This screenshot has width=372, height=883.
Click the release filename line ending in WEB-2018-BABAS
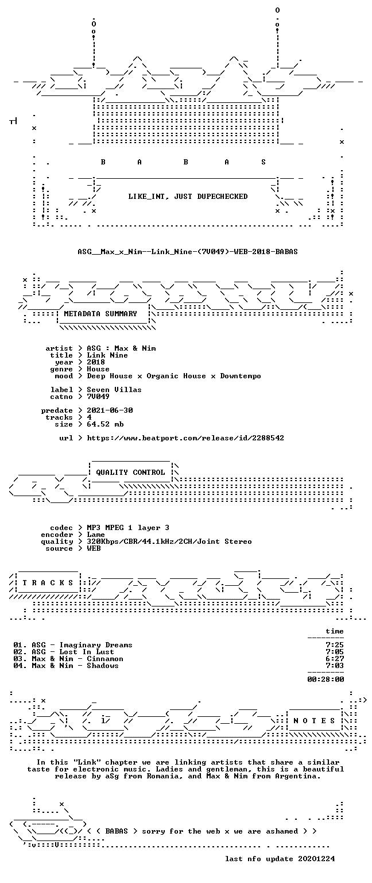[x=187, y=251]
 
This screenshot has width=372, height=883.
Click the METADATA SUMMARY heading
[x=100, y=314]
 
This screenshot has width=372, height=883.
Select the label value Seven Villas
[x=114, y=389]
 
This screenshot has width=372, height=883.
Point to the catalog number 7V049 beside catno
[x=98, y=397]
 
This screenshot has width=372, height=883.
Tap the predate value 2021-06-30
[x=110, y=410]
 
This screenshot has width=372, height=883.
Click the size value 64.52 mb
[x=105, y=424]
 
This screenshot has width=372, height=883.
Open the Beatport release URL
[x=185, y=438]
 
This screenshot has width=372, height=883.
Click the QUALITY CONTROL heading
[x=130, y=472]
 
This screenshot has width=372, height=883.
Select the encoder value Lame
[x=96, y=535]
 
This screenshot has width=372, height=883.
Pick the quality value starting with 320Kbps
[x=169, y=542]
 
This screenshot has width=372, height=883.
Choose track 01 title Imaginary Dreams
[x=96, y=645]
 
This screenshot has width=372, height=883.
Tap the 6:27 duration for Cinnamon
[x=335, y=659]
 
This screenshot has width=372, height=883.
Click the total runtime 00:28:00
[x=325, y=679]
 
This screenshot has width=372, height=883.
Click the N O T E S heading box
[x=314, y=720]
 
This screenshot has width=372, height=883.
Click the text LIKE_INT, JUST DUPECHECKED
[x=188, y=196]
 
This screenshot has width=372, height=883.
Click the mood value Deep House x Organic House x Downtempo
[x=174, y=376]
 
